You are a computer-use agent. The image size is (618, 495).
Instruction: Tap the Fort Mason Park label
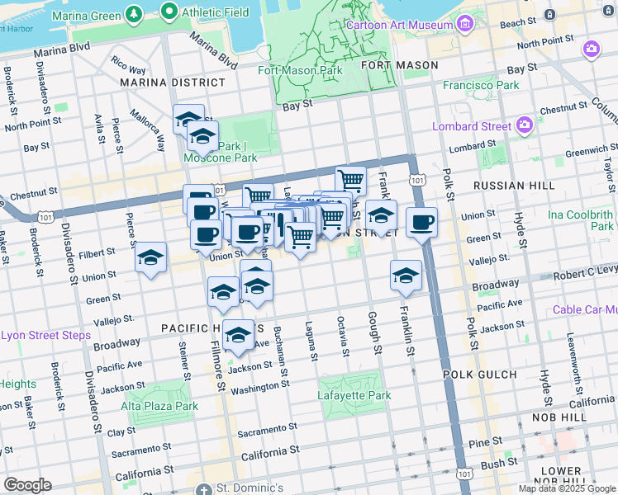pyautogui.click(x=300, y=70)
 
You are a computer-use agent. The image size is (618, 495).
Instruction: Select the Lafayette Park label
pyautogui.click(x=354, y=395)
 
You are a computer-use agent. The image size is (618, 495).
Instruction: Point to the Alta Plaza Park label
pyautogui.click(x=159, y=406)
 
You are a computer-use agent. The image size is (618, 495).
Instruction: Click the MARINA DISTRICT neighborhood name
pyautogui.click(x=172, y=82)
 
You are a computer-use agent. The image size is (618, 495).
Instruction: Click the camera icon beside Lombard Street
pyautogui.click(x=524, y=126)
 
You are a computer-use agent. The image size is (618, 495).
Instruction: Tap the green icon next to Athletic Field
pyautogui.click(x=170, y=12)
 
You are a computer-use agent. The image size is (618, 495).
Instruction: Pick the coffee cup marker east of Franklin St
pyautogui.click(x=421, y=222)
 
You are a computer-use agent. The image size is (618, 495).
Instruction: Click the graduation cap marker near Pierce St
pyautogui.click(x=151, y=257)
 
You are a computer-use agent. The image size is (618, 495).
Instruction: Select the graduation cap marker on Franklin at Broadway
pyautogui.click(x=406, y=276)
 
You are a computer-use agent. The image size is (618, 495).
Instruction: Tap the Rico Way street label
pyautogui.click(x=128, y=65)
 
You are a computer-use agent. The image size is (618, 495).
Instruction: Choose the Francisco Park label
pyautogui.click(x=481, y=85)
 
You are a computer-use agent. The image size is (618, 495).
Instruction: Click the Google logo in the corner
pyautogui.click(x=27, y=485)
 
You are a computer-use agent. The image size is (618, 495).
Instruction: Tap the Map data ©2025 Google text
pyautogui.click(x=566, y=488)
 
